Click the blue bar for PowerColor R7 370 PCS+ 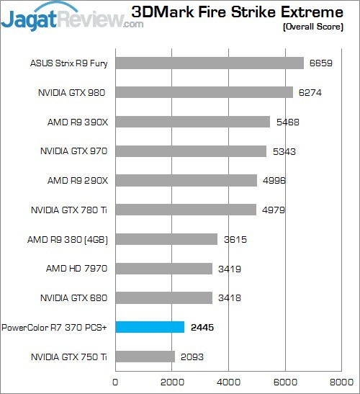click(x=150, y=327)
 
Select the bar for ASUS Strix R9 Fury click(x=210, y=63)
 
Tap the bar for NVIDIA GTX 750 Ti click(x=145, y=357)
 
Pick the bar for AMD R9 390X click(x=192, y=122)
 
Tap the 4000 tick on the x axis click(x=228, y=381)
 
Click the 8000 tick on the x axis click(x=341, y=381)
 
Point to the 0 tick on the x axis click(x=115, y=381)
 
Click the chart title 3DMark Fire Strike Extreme click(x=241, y=12)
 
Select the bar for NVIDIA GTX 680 click(x=163, y=297)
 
